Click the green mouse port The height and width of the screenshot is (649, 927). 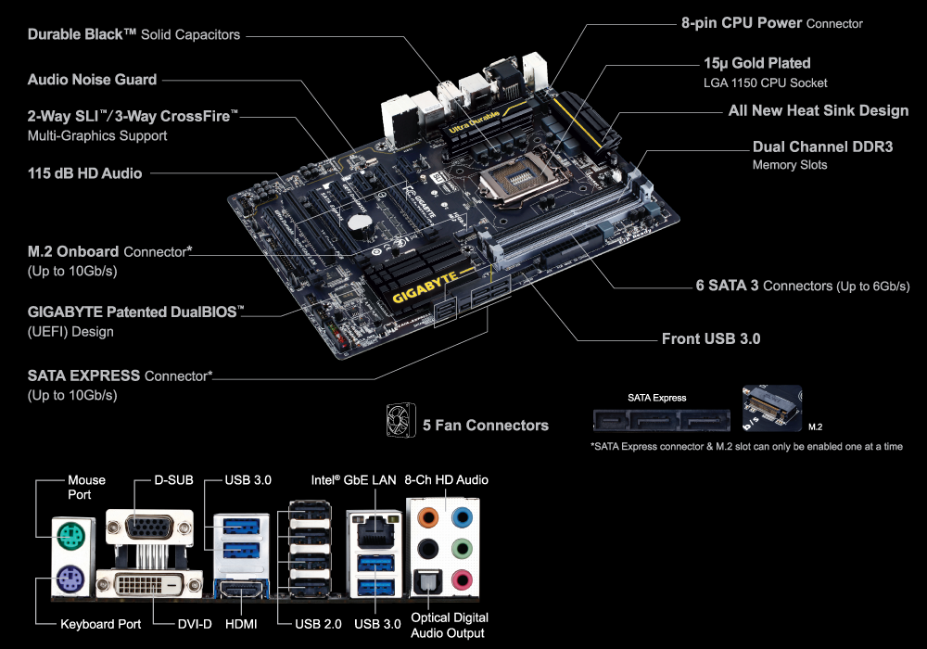(x=71, y=538)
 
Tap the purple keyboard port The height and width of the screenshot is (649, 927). (x=71, y=579)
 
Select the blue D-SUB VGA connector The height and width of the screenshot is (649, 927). (x=150, y=527)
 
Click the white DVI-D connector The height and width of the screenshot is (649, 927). (x=150, y=585)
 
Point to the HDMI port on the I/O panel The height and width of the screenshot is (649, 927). (x=242, y=589)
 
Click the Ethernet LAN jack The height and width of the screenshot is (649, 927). (x=375, y=530)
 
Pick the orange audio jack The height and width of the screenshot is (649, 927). (x=427, y=518)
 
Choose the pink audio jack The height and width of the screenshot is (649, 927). (x=462, y=580)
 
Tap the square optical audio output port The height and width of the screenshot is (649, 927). (x=426, y=583)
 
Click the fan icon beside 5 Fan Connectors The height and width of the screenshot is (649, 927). (x=400, y=421)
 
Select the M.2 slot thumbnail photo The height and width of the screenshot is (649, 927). (x=772, y=407)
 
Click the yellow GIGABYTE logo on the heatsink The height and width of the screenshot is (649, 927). (x=425, y=286)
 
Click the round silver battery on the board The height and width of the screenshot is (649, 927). (x=360, y=222)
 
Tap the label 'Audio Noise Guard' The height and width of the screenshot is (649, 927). (x=92, y=80)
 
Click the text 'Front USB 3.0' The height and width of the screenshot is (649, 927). (x=711, y=338)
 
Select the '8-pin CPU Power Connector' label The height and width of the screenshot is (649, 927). (x=771, y=23)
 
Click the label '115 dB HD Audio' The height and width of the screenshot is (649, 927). (x=84, y=173)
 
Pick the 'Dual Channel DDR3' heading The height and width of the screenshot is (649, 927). (x=822, y=146)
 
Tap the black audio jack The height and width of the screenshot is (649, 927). (x=427, y=549)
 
